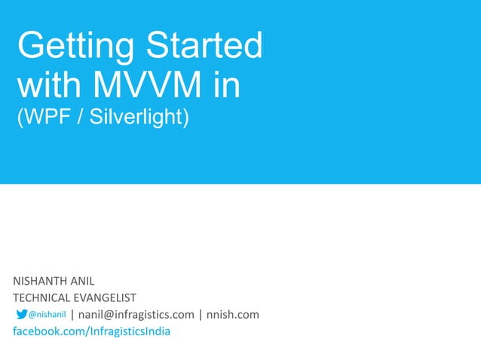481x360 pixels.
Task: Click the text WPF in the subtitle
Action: coord(41,118)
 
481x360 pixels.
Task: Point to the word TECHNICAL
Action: coord(41,298)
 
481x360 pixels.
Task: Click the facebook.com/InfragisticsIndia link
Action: coord(91,331)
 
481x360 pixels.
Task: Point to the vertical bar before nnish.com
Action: coord(201,314)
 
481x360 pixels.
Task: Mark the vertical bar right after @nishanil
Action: coord(72,314)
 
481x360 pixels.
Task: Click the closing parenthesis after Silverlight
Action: coord(185,118)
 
